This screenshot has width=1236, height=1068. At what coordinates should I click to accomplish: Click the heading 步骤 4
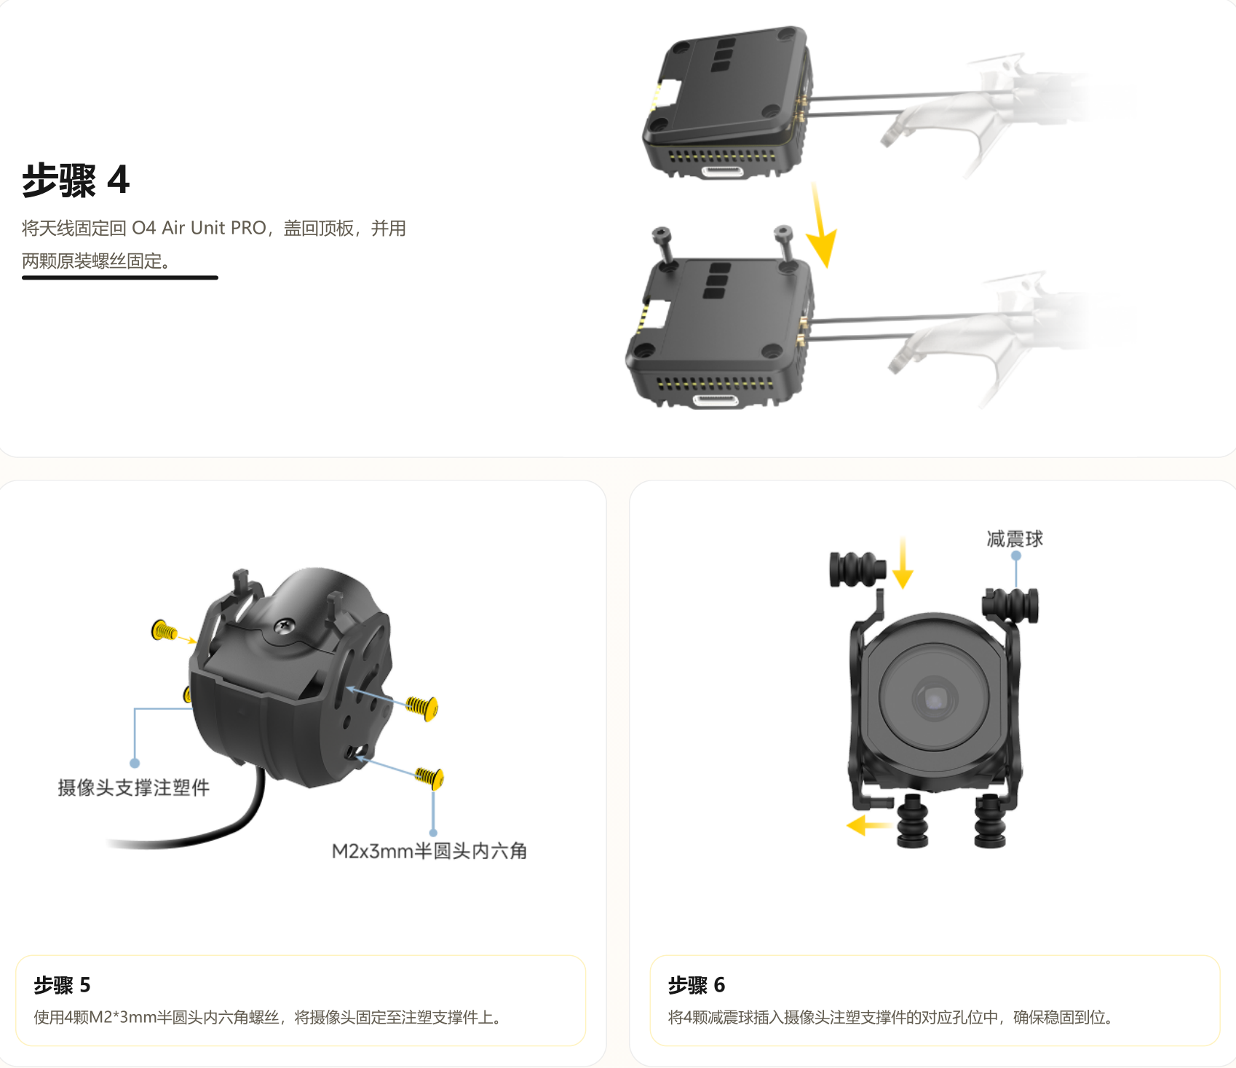(76, 180)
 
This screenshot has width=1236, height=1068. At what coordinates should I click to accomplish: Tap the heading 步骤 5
(63, 985)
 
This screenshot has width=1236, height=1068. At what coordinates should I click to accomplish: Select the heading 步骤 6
(697, 985)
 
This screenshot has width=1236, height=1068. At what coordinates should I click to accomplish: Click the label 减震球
(1015, 539)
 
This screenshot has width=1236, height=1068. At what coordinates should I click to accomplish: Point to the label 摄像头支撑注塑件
(134, 787)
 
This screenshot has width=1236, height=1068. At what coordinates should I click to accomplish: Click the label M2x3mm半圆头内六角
(429, 850)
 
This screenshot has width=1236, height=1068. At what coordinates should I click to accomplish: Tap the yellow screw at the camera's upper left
(164, 630)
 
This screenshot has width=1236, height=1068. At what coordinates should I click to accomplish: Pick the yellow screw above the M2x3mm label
(429, 777)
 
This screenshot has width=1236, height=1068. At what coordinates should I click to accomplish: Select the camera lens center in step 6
(935, 700)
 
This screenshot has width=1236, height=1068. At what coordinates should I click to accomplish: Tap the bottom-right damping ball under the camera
(990, 820)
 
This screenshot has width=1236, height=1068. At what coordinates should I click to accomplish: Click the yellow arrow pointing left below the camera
(869, 826)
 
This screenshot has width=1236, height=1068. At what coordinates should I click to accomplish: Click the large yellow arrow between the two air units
(822, 226)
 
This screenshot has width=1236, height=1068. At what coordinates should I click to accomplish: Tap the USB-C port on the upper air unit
(722, 172)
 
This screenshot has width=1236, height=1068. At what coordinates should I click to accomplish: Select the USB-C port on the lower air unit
(716, 400)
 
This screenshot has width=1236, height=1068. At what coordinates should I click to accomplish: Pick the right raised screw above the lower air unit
(784, 244)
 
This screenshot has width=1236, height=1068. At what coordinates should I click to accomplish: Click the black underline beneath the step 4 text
(120, 277)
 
